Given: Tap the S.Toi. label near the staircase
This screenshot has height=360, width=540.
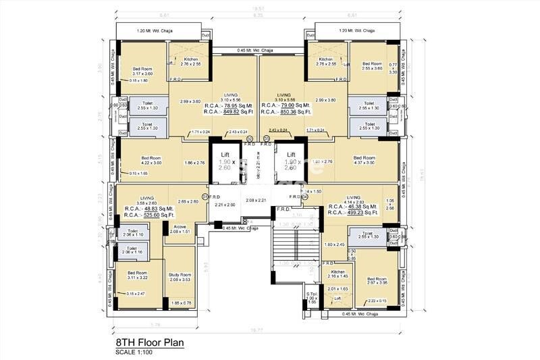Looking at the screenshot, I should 311,294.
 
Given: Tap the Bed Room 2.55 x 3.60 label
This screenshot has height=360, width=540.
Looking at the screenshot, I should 371,66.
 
